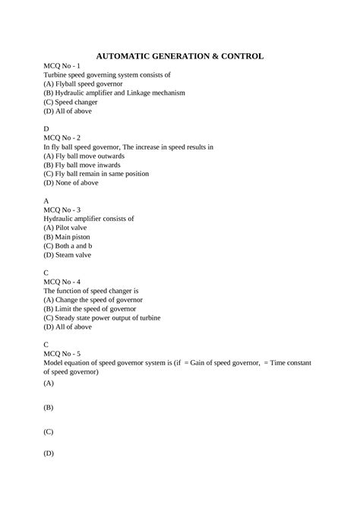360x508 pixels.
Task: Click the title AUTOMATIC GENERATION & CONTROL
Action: pos(180,55)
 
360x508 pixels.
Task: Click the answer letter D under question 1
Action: pos(46,129)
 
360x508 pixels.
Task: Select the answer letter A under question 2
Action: pos(46,200)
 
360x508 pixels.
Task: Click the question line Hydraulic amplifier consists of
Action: pos(89,218)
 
